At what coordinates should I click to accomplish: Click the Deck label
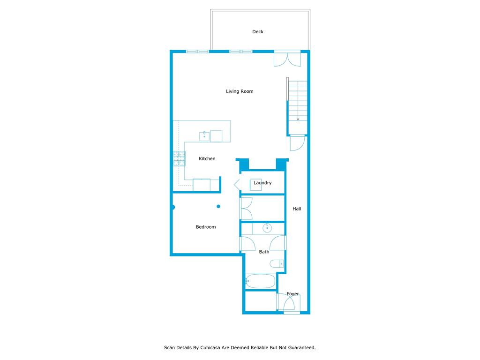[x=258, y=32]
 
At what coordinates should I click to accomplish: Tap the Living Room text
[x=240, y=91]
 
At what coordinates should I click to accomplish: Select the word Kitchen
[x=207, y=159]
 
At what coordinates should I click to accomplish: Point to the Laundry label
[x=262, y=183]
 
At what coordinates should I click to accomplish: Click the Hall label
[x=297, y=209]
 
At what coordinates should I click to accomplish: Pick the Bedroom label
[x=206, y=227]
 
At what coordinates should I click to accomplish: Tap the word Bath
[x=264, y=252]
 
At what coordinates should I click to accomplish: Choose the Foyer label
[x=293, y=294]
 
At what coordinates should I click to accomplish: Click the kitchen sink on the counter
[x=204, y=136]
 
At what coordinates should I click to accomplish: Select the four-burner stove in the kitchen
[x=179, y=158]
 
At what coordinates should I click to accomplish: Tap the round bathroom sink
[x=267, y=229]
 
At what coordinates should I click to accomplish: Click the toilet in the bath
[x=277, y=264]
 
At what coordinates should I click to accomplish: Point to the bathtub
[x=261, y=281]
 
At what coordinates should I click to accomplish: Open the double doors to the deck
[x=287, y=59]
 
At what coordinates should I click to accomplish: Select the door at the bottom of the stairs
[x=297, y=143]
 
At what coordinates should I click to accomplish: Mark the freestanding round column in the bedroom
[x=218, y=206]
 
